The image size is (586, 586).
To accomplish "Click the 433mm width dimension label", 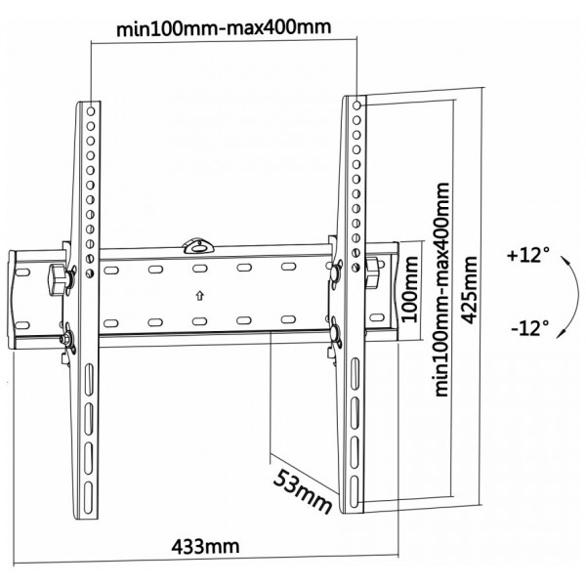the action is click(205, 547).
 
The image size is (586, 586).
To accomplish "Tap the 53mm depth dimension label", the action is click(303, 491).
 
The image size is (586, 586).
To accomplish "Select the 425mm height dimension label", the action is click(470, 290).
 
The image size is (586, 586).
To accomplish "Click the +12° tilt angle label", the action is click(528, 255).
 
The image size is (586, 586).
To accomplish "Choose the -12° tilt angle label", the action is click(530, 328).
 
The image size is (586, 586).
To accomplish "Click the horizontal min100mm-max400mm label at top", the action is click(224, 28).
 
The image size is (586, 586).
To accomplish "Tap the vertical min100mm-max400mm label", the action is click(442, 289).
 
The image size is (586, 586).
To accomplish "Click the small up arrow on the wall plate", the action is click(200, 296).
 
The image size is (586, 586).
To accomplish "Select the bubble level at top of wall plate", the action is click(198, 246).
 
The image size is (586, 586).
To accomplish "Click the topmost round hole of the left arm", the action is click(91, 111).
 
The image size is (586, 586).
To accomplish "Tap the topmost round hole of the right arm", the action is click(356, 105).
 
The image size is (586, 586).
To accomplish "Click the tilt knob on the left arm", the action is click(57, 279).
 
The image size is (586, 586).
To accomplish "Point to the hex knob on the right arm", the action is click(372, 272).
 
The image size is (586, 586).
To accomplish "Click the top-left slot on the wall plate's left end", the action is click(22, 272).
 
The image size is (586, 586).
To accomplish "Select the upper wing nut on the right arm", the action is click(335, 272).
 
